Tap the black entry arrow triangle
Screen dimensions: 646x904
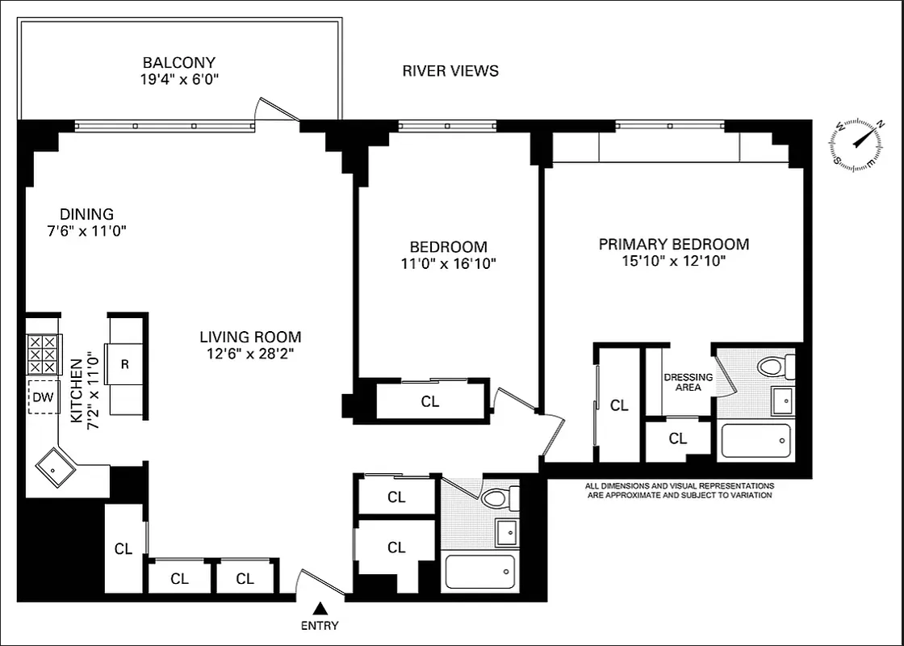coord(320,608)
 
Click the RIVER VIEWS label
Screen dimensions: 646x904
coord(450,71)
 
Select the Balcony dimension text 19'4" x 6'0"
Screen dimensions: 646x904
coord(179,79)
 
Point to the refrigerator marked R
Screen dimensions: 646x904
coord(124,364)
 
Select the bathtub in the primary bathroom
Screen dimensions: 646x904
coord(755,441)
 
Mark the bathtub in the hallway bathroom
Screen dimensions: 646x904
coord(480,573)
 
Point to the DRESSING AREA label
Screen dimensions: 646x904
coord(688,382)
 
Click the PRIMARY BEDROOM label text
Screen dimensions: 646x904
coord(673,244)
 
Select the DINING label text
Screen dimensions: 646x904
coord(86,214)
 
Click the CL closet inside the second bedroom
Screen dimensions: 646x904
coord(430,401)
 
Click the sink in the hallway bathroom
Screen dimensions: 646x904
coord(506,532)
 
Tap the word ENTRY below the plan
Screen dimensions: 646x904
coord(320,626)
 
